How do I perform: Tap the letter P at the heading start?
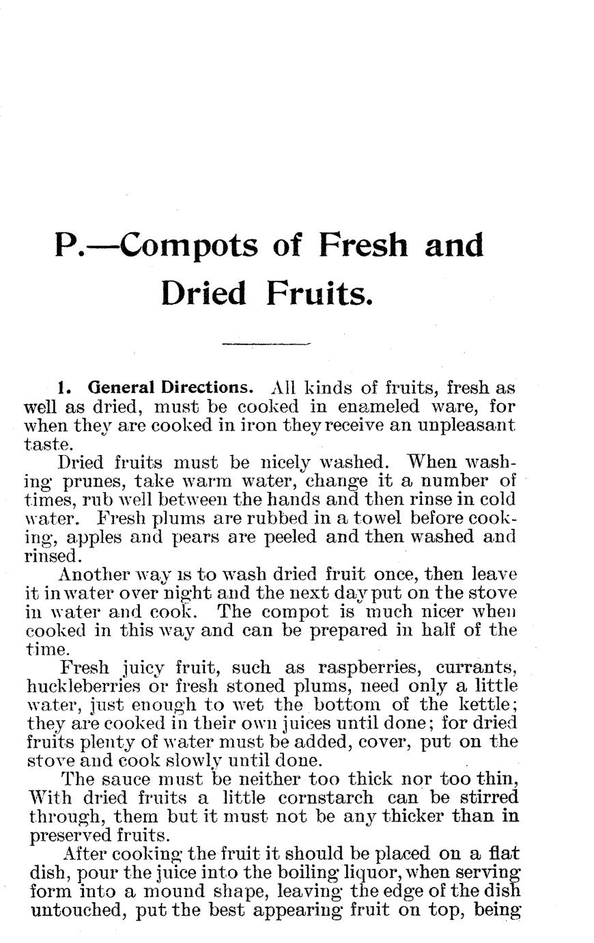coord(67,246)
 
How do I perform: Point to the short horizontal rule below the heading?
coord(266,344)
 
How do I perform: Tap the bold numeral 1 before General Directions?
coord(63,388)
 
